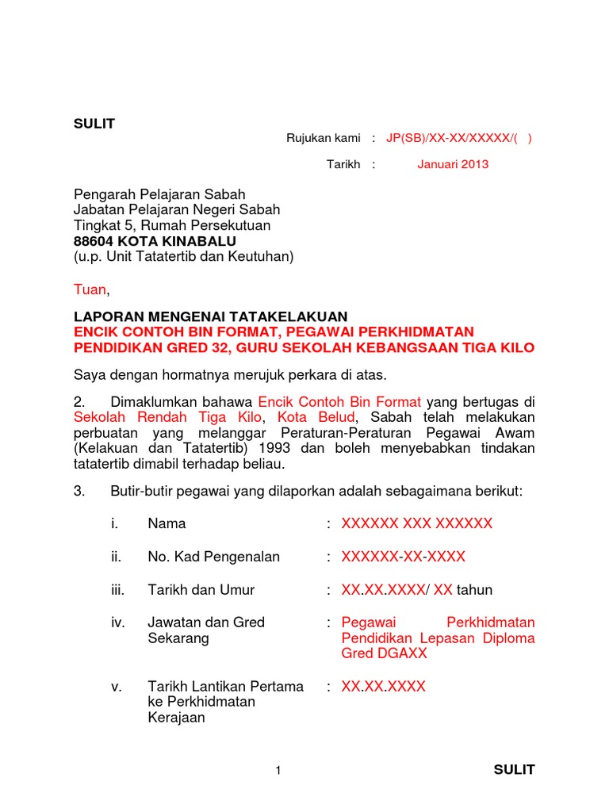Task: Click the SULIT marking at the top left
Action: click(x=94, y=124)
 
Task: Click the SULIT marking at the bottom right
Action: click(x=514, y=769)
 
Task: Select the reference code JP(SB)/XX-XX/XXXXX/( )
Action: click(x=459, y=138)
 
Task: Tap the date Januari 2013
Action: click(x=453, y=165)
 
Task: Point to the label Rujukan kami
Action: click(x=323, y=138)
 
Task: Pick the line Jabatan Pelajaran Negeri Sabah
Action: click(x=177, y=210)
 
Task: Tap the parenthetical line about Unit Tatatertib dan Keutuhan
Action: click(x=184, y=256)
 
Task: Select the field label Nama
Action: click(x=167, y=523)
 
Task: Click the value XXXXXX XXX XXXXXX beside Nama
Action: click(x=417, y=523)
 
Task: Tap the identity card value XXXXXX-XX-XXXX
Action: click(x=404, y=557)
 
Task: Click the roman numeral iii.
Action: click(x=117, y=590)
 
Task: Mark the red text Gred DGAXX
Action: click(x=384, y=653)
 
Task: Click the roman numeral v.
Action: click(x=116, y=687)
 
